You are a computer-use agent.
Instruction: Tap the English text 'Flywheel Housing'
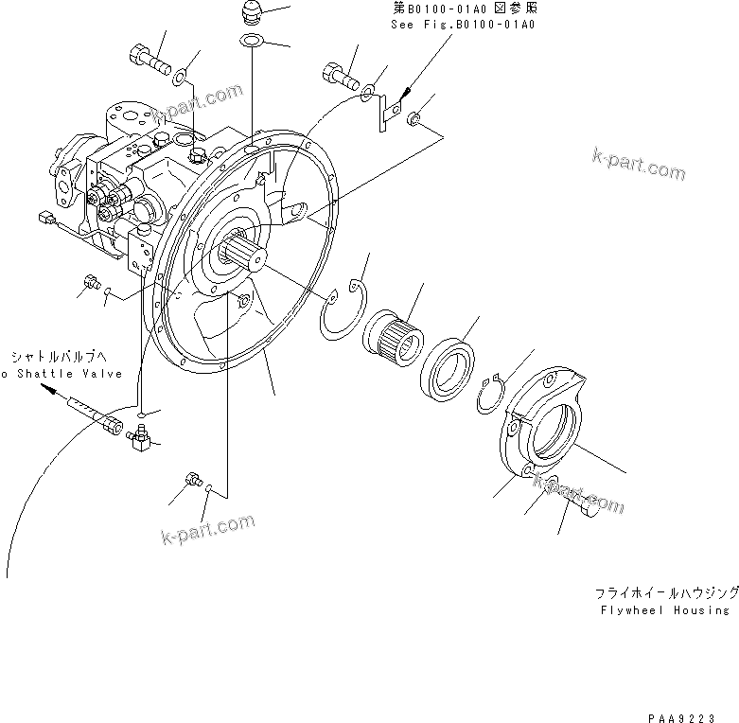[x=666, y=610]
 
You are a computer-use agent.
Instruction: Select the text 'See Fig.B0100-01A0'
[x=463, y=24]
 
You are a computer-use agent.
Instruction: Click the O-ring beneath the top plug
[x=252, y=41]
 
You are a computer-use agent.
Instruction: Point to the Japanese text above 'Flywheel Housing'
[x=666, y=592]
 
